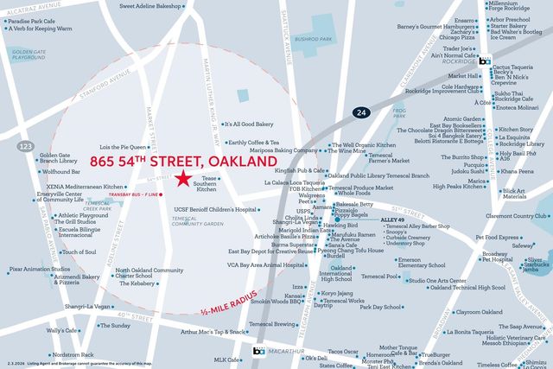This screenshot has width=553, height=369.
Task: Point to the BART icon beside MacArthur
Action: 257,351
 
